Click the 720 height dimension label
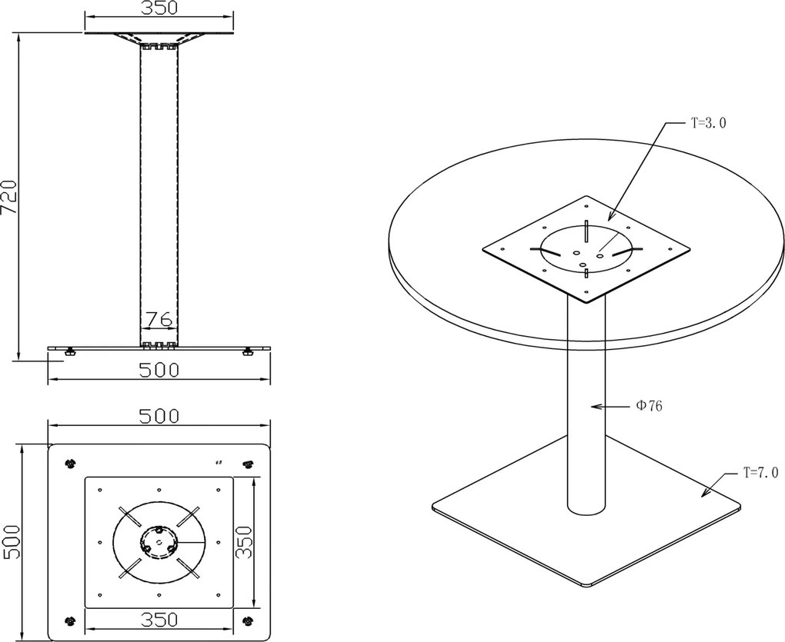9,197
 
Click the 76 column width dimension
159,318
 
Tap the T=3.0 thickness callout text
708,123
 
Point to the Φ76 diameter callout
649,406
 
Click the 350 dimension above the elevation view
159,8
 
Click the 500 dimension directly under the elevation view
159,370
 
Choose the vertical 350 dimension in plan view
244,541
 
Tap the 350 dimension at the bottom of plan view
159,620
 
